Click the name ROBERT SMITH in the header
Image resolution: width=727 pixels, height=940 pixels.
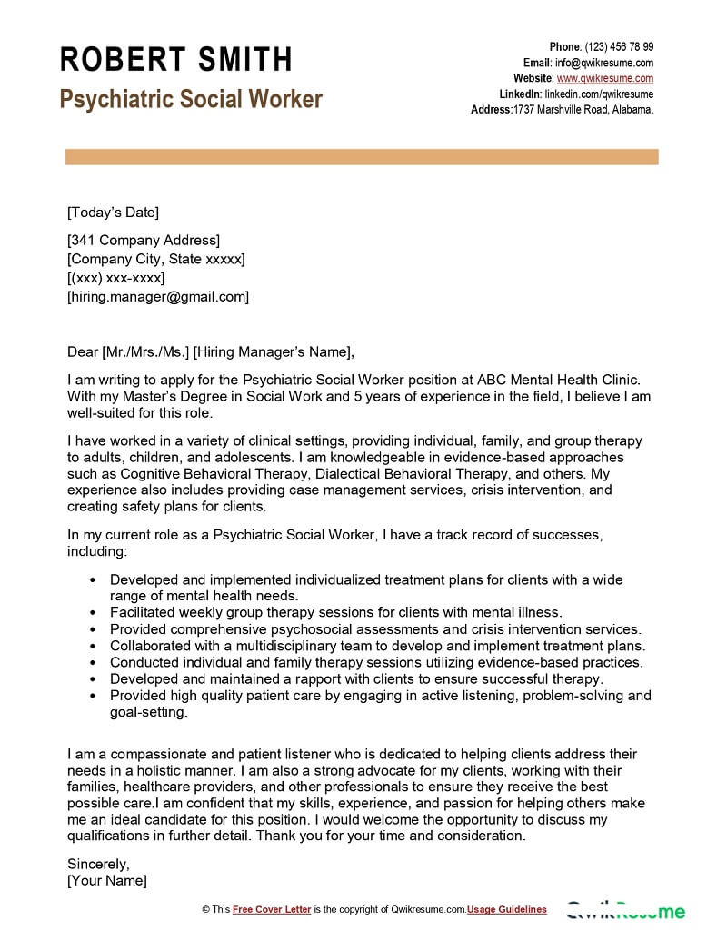(x=176, y=60)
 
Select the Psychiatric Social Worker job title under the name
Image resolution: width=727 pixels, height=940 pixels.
(x=191, y=99)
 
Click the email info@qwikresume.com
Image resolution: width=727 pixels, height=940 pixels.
(x=604, y=63)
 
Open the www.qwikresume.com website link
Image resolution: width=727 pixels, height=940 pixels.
(x=605, y=79)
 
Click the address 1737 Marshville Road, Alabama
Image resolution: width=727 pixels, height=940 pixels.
(x=583, y=110)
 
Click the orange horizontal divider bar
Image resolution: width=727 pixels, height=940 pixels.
(x=362, y=157)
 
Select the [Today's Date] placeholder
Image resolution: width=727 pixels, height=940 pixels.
(x=113, y=213)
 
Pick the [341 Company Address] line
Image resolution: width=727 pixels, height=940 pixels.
(x=144, y=241)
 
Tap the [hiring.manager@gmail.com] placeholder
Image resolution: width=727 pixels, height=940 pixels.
(x=158, y=297)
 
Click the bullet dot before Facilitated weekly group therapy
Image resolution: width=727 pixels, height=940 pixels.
(x=95, y=613)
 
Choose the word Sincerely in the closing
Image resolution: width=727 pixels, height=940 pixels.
(x=98, y=864)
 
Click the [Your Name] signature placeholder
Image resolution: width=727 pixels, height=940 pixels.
(x=107, y=881)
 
